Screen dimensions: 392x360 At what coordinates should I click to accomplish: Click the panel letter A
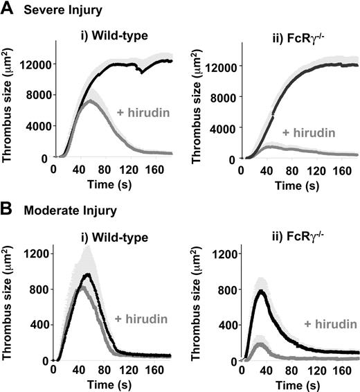pyautogui.click(x=7, y=10)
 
